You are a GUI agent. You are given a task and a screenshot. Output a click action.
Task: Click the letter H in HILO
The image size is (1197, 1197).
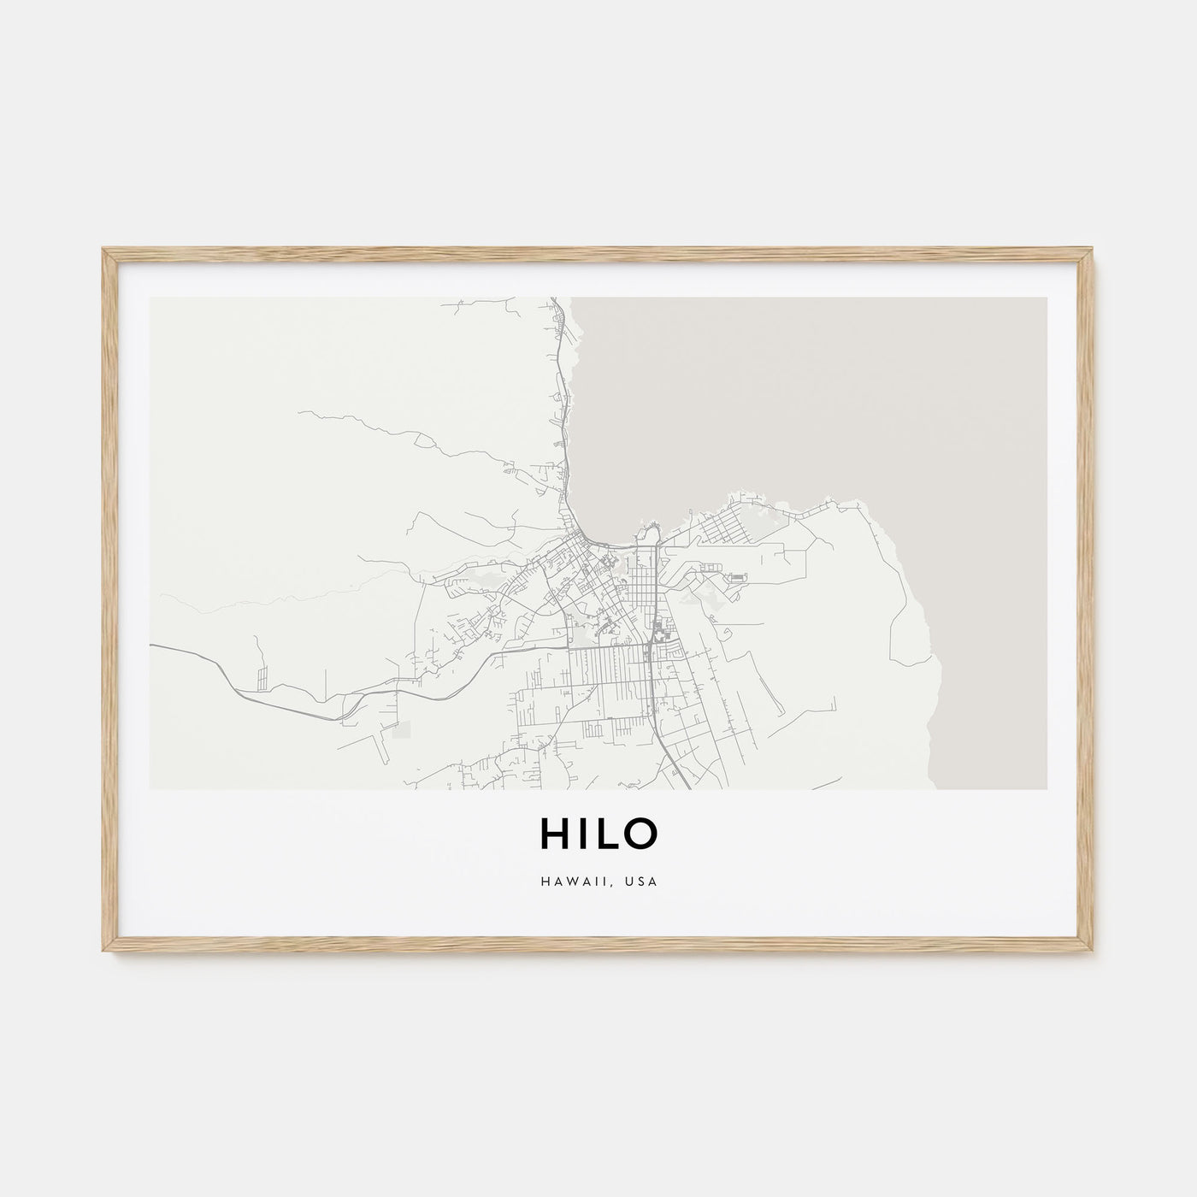click(553, 834)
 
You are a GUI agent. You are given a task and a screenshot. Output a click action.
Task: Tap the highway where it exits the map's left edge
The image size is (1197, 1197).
click(152, 646)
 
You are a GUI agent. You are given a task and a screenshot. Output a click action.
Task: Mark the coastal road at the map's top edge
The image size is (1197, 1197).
click(553, 300)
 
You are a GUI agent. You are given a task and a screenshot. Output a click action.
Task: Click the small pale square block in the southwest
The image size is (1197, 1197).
click(401, 729)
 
